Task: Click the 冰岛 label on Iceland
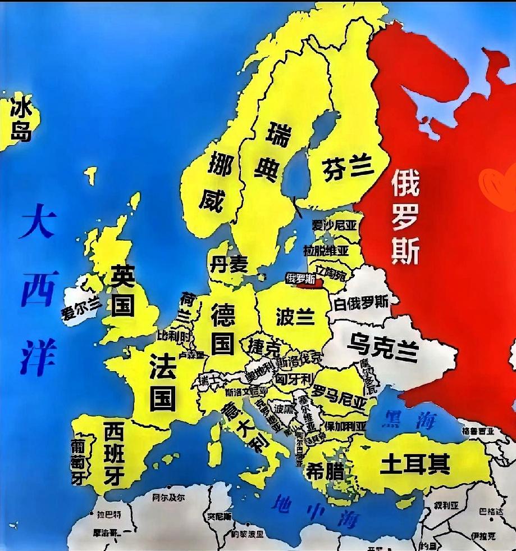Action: click(21, 120)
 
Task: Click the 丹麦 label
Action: click(229, 263)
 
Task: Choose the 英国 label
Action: click(122, 290)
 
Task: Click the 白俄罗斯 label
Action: click(361, 302)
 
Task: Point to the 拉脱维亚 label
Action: click(326, 250)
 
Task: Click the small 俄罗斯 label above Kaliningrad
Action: click(300, 277)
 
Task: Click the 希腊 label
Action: click(325, 471)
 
